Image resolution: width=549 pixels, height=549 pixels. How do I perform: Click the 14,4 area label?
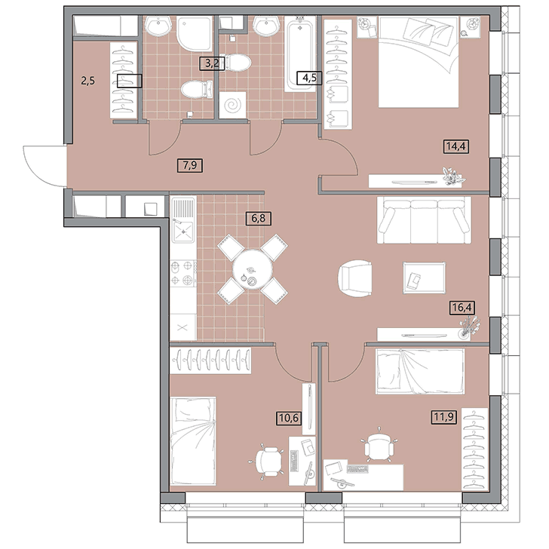(456, 146)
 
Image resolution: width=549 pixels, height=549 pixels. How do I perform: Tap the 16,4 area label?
(462, 308)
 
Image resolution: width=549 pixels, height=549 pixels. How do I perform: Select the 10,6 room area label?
(289, 418)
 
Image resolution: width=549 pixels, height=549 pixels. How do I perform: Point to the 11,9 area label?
(444, 417)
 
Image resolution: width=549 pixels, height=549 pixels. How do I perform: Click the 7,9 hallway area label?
(190, 165)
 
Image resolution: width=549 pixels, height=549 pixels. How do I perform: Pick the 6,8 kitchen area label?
(259, 219)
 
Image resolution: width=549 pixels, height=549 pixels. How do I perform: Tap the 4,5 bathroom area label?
(309, 78)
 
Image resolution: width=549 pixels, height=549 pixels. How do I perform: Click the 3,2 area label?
(212, 63)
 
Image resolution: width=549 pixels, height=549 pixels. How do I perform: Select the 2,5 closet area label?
(88, 81)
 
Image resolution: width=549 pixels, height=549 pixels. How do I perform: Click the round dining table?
(253, 269)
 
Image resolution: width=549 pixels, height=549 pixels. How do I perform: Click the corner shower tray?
(195, 34)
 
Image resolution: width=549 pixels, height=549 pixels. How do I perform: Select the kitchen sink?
(182, 219)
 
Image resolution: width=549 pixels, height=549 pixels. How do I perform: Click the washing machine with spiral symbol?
(232, 105)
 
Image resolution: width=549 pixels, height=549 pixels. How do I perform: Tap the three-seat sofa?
(424, 220)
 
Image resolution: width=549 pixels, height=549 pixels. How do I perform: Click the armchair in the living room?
(354, 278)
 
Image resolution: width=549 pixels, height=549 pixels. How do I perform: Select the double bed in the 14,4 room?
(419, 62)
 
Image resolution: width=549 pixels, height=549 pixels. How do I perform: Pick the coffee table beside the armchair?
(425, 278)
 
